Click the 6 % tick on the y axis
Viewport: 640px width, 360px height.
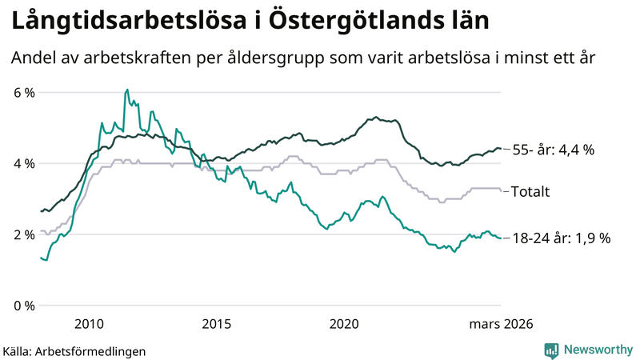(x=24, y=93)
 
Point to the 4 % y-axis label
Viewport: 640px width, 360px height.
(x=24, y=163)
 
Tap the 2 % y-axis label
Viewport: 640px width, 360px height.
(x=24, y=234)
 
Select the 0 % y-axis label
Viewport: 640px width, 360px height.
(x=24, y=306)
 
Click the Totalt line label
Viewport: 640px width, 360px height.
(x=532, y=191)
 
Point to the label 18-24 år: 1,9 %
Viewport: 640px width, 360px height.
(x=562, y=238)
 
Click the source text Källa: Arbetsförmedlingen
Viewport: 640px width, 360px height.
(x=74, y=350)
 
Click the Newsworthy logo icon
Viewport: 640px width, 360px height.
(x=551, y=350)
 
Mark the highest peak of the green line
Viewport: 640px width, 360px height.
(x=127, y=90)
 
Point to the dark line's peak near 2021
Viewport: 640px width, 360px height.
(x=376, y=117)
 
